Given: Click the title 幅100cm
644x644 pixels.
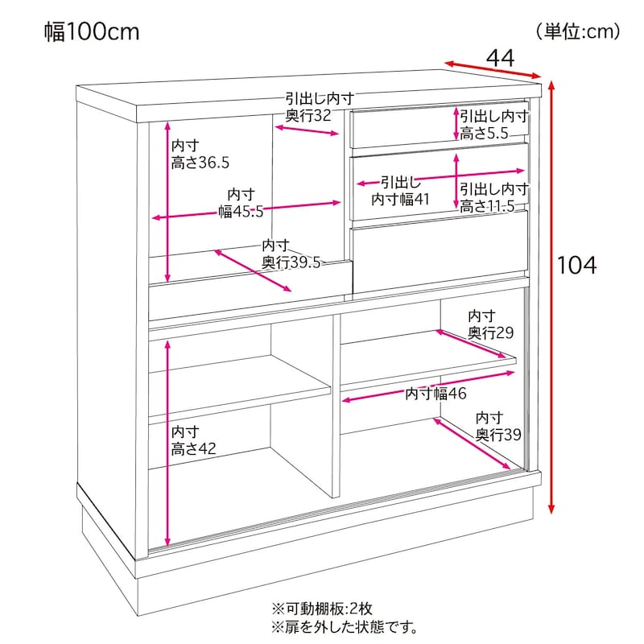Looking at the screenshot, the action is click(x=92, y=31).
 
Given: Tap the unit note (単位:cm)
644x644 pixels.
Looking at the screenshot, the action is click(x=578, y=31).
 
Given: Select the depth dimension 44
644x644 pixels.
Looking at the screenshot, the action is click(x=500, y=58).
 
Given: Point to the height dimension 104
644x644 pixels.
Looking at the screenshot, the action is click(x=576, y=265).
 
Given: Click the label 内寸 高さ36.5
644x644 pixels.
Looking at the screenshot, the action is click(x=200, y=154).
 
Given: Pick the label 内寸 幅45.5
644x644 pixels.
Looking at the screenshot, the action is click(x=241, y=203).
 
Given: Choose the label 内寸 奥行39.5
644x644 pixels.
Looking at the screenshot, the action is click(x=291, y=254).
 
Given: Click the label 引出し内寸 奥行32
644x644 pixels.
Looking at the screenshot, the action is click(x=320, y=107).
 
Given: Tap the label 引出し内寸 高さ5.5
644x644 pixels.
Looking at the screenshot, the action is click(x=493, y=125).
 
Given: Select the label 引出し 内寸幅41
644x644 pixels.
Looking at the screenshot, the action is click(x=400, y=191).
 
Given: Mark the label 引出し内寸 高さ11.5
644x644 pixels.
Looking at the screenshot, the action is click(x=493, y=197).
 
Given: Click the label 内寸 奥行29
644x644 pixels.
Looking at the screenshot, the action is click(x=490, y=324).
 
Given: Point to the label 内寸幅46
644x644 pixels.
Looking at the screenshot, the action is click(x=436, y=394).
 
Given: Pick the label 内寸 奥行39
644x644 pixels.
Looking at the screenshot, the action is click(x=498, y=427).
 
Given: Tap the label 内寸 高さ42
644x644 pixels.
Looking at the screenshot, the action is click(x=193, y=440).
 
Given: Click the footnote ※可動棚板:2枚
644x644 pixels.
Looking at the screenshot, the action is click(x=322, y=609).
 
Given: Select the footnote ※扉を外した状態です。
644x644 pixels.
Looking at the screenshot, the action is click(x=345, y=628).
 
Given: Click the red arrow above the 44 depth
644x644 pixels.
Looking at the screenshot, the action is click(x=493, y=70).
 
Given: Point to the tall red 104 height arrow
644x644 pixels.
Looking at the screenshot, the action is click(x=551, y=297).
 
